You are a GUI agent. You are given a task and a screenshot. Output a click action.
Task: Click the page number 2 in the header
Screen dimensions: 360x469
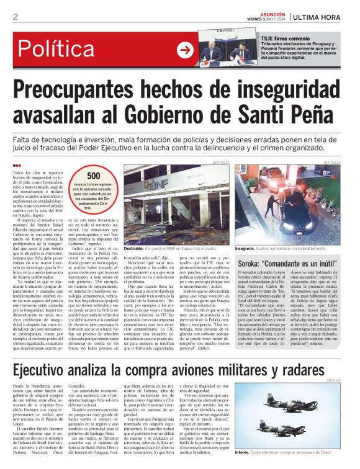(x=15, y=17)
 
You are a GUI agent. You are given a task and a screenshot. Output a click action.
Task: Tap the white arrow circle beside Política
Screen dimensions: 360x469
(x=185, y=50)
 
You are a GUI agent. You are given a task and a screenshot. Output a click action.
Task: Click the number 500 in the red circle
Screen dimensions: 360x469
(x=94, y=176)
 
